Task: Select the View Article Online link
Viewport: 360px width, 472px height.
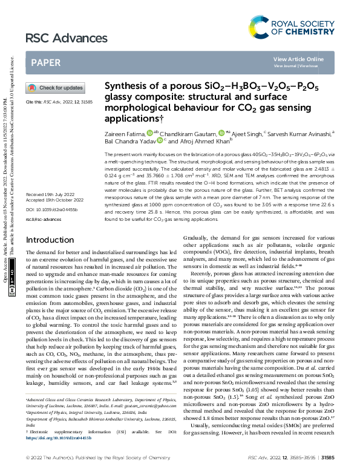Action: coord(298,59)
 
